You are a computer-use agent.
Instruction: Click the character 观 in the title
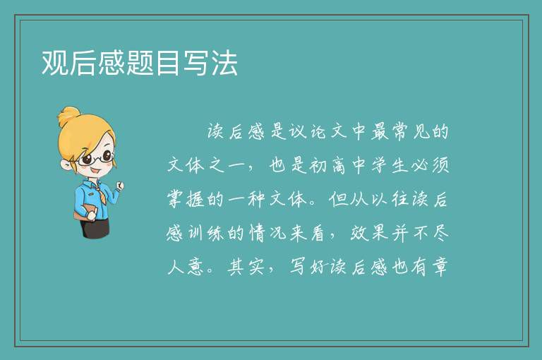pos(55,63)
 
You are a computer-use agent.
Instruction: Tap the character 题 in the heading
pos(140,63)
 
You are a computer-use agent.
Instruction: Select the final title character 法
pos(224,63)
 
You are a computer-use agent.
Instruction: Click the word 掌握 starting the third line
pos(186,200)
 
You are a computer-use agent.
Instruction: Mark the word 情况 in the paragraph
pos(268,234)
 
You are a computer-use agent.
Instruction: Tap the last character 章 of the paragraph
pos(440,267)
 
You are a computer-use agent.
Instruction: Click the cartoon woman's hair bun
pos(68,116)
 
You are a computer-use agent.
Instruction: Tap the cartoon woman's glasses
pos(95,158)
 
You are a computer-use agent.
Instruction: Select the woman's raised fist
pos(120,186)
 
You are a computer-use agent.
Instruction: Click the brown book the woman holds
pos(85,212)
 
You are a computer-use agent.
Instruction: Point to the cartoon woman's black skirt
pos(95,228)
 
